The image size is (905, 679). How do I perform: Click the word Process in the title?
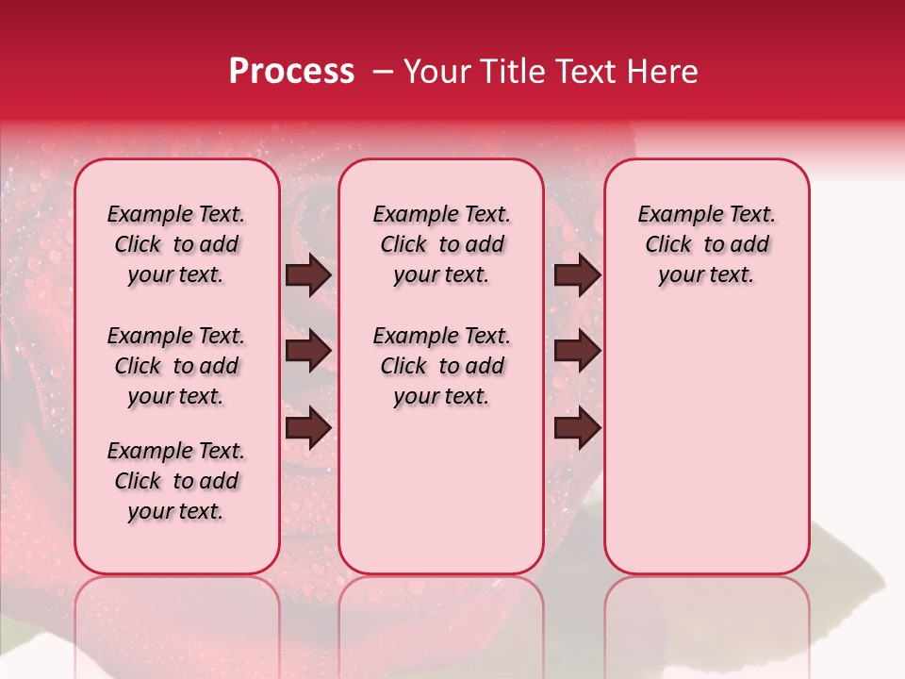point(291,72)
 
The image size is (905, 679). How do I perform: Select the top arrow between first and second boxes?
point(309,275)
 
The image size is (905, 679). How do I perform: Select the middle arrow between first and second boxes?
point(309,352)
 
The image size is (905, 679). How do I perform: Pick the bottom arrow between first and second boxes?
point(309,428)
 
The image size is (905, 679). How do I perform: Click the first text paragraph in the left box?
point(176,245)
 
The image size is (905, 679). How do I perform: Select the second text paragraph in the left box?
point(176,366)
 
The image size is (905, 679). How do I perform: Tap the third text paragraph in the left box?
point(176,481)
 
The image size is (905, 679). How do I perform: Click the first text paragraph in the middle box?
point(441,245)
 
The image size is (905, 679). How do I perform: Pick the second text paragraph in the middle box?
point(441,366)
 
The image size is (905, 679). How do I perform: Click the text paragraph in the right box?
point(706,245)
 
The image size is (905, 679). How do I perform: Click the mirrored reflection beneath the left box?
point(176,613)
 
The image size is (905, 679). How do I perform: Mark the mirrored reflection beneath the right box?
point(706,613)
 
